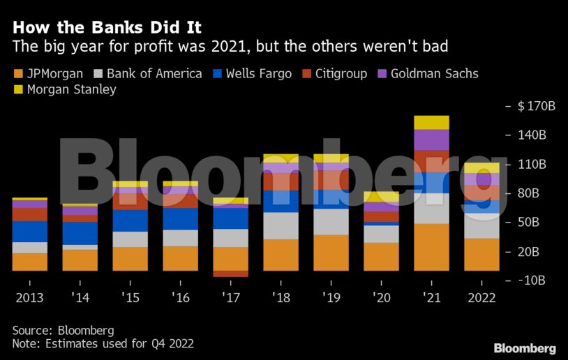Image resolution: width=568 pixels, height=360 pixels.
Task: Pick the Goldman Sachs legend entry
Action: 428,73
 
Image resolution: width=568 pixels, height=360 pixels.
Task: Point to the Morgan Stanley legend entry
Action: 64,89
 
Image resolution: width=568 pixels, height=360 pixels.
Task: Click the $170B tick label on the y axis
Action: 536,107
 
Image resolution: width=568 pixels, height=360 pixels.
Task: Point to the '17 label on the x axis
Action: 230,297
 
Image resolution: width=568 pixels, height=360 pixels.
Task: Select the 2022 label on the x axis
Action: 481,297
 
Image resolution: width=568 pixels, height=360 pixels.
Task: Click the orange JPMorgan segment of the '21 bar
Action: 431,247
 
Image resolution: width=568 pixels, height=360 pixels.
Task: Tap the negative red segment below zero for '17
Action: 230,273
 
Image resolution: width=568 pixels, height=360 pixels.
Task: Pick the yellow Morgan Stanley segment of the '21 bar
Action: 431,122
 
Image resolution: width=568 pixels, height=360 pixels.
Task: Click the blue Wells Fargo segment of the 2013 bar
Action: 29,232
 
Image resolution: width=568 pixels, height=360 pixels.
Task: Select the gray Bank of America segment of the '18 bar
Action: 281,225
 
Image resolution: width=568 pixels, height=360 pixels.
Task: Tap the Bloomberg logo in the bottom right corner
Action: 525,348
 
